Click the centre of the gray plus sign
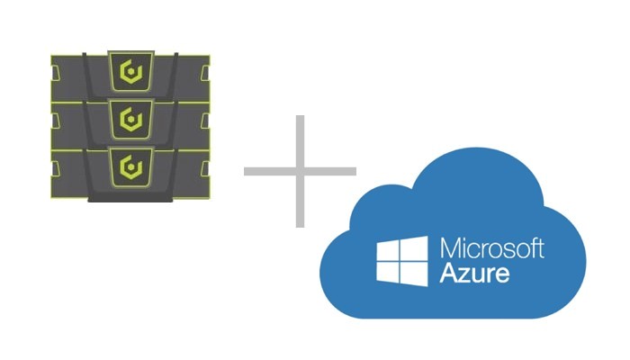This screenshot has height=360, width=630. pyautogui.click(x=300, y=170)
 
